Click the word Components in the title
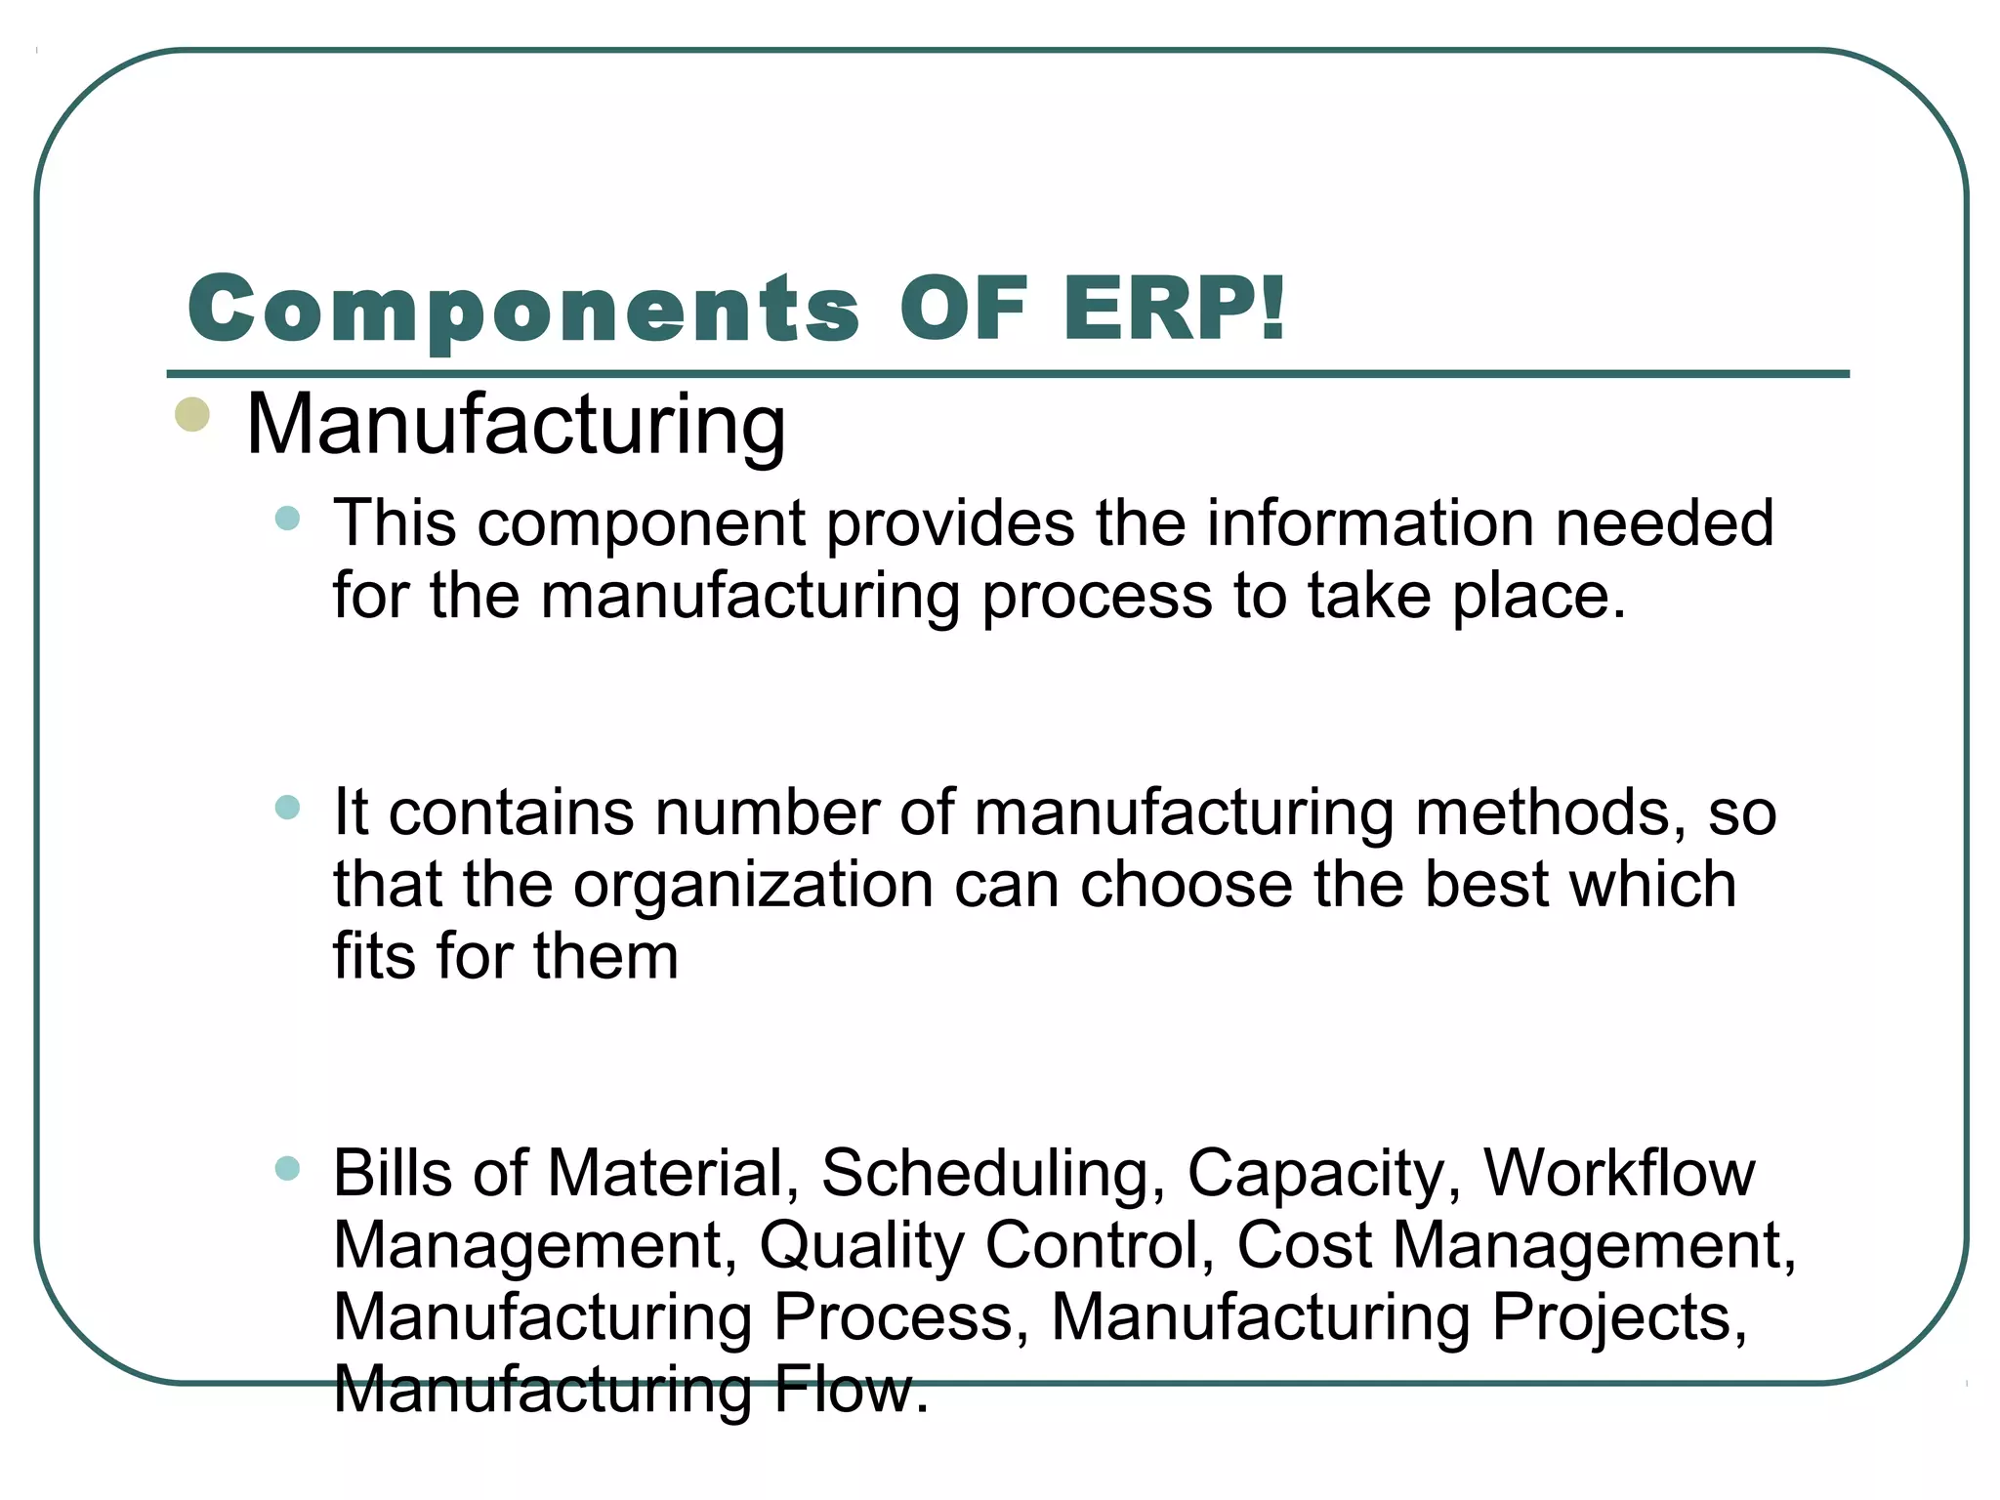click(523, 309)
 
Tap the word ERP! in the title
click(1175, 309)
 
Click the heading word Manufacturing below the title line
click(516, 426)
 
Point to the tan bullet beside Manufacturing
click(192, 414)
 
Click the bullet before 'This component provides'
click(287, 518)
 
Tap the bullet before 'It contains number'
click(287, 807)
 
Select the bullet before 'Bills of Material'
click(287, 1168)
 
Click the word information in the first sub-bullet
click(1370, 523)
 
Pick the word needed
click(1664, 523)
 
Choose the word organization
click(753, 885)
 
